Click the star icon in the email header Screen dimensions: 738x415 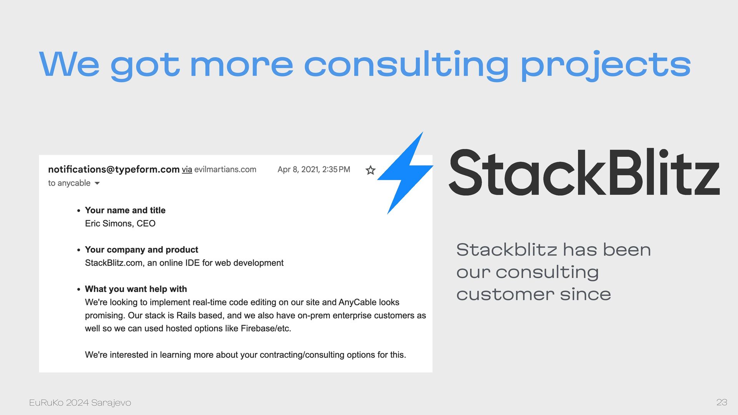[370, 170]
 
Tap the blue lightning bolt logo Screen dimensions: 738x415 [406, 173]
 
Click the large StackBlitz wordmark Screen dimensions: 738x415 [584, 173]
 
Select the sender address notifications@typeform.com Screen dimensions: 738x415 [114, 169]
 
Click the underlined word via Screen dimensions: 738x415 [187, 169]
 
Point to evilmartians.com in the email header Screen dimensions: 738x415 [225, 169]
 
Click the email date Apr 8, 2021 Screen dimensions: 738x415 [298, 169]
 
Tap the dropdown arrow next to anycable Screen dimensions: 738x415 [97, 183]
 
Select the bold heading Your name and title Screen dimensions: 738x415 [125, 210]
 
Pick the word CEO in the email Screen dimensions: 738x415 [146, 224]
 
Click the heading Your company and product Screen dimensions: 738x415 [141, 250]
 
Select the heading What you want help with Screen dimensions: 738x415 [136, 289]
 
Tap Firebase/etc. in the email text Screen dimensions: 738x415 [266, 329]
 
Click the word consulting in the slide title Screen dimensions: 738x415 [407, 64]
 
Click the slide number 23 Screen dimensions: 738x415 [722, 402]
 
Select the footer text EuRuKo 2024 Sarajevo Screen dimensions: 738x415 [80, 403]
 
